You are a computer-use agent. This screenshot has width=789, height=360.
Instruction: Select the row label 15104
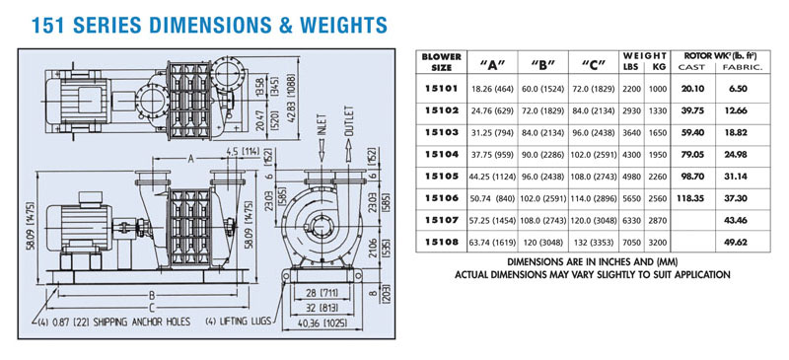tap(441, 155)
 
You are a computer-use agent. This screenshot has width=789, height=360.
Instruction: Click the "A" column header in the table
tap(492, 64)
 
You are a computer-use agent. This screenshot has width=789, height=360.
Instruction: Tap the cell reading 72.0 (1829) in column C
tap(593, 89)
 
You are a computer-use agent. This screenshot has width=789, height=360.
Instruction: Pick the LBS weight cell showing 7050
tap(632, 243)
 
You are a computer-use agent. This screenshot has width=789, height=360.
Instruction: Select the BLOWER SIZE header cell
tap(441, 62)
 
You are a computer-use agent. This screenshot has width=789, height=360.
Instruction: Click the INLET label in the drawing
tap(323, 125)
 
